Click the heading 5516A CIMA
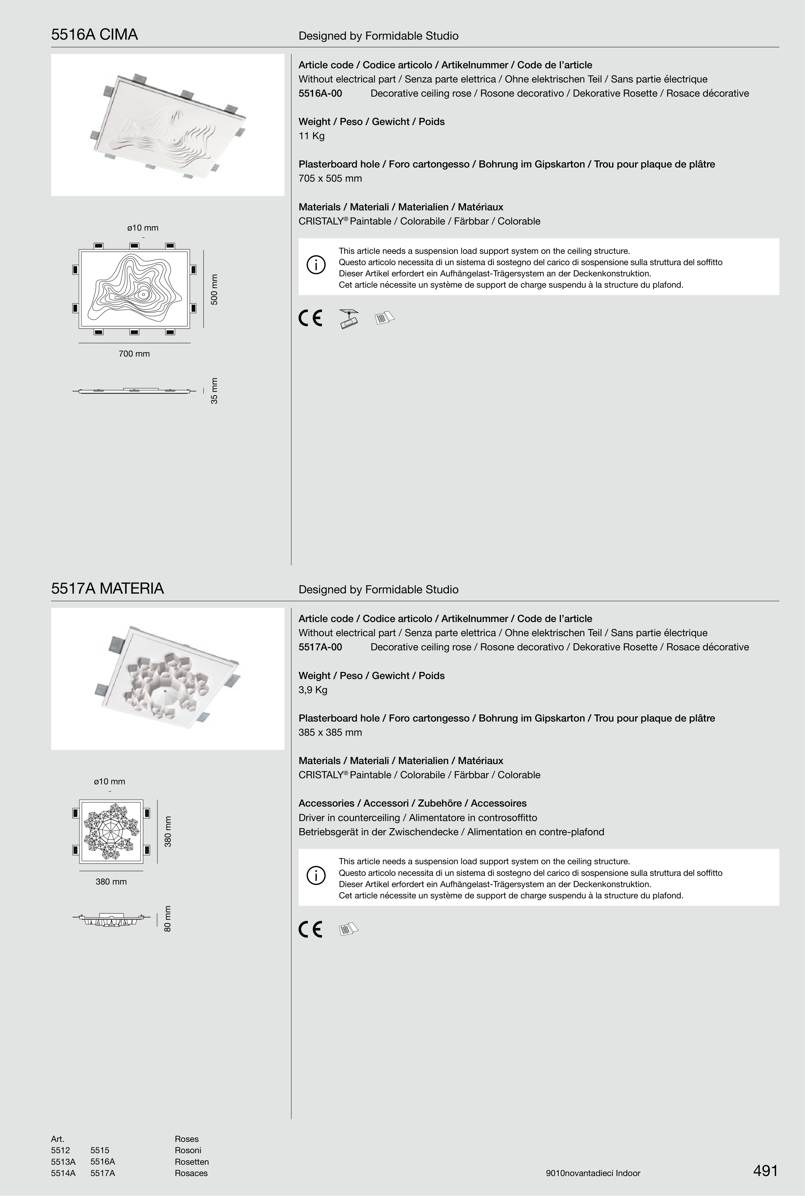pos(94,35)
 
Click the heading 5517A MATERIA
pos(107,588)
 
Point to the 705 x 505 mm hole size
pos(330,179)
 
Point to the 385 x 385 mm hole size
pos(330,732)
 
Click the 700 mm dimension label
pos(134,354)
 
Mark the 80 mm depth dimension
pos(168,919)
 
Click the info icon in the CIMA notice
pos(316,265)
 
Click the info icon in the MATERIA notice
pos(316,876)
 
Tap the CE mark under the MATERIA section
pos(310,930)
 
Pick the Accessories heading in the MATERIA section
pos(412,803)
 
